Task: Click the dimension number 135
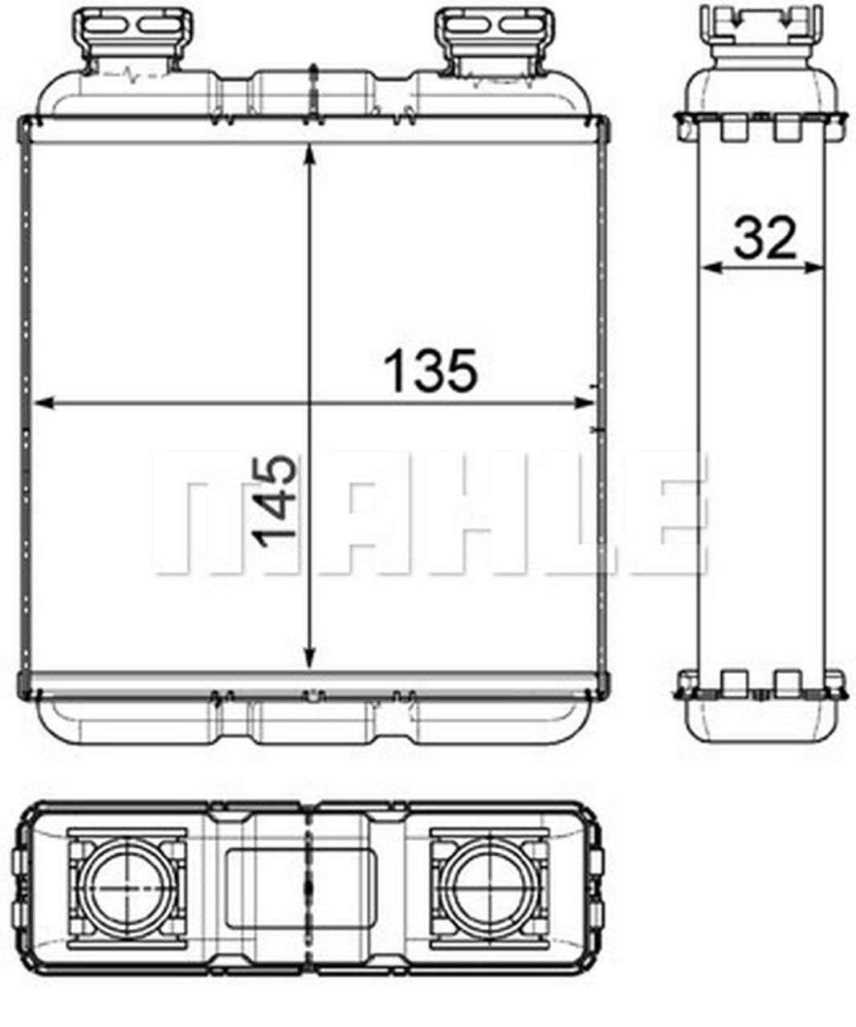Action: tap(430, 371)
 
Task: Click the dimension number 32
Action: tap(764, 238)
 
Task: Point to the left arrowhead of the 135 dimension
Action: tap(42, 404)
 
